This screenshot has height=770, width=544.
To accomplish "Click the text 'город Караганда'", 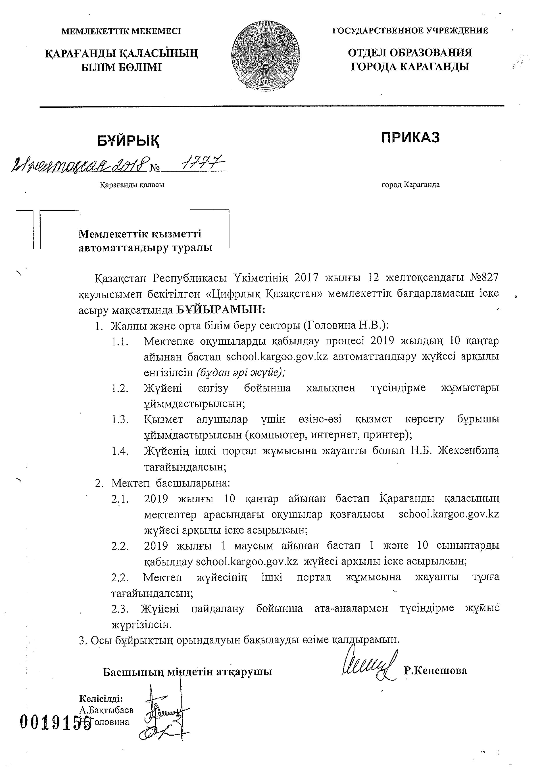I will pos(411,184).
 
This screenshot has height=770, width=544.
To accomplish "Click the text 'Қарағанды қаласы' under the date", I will pos(132,185).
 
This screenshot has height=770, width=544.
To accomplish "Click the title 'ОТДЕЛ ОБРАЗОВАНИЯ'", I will pos(410,53).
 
